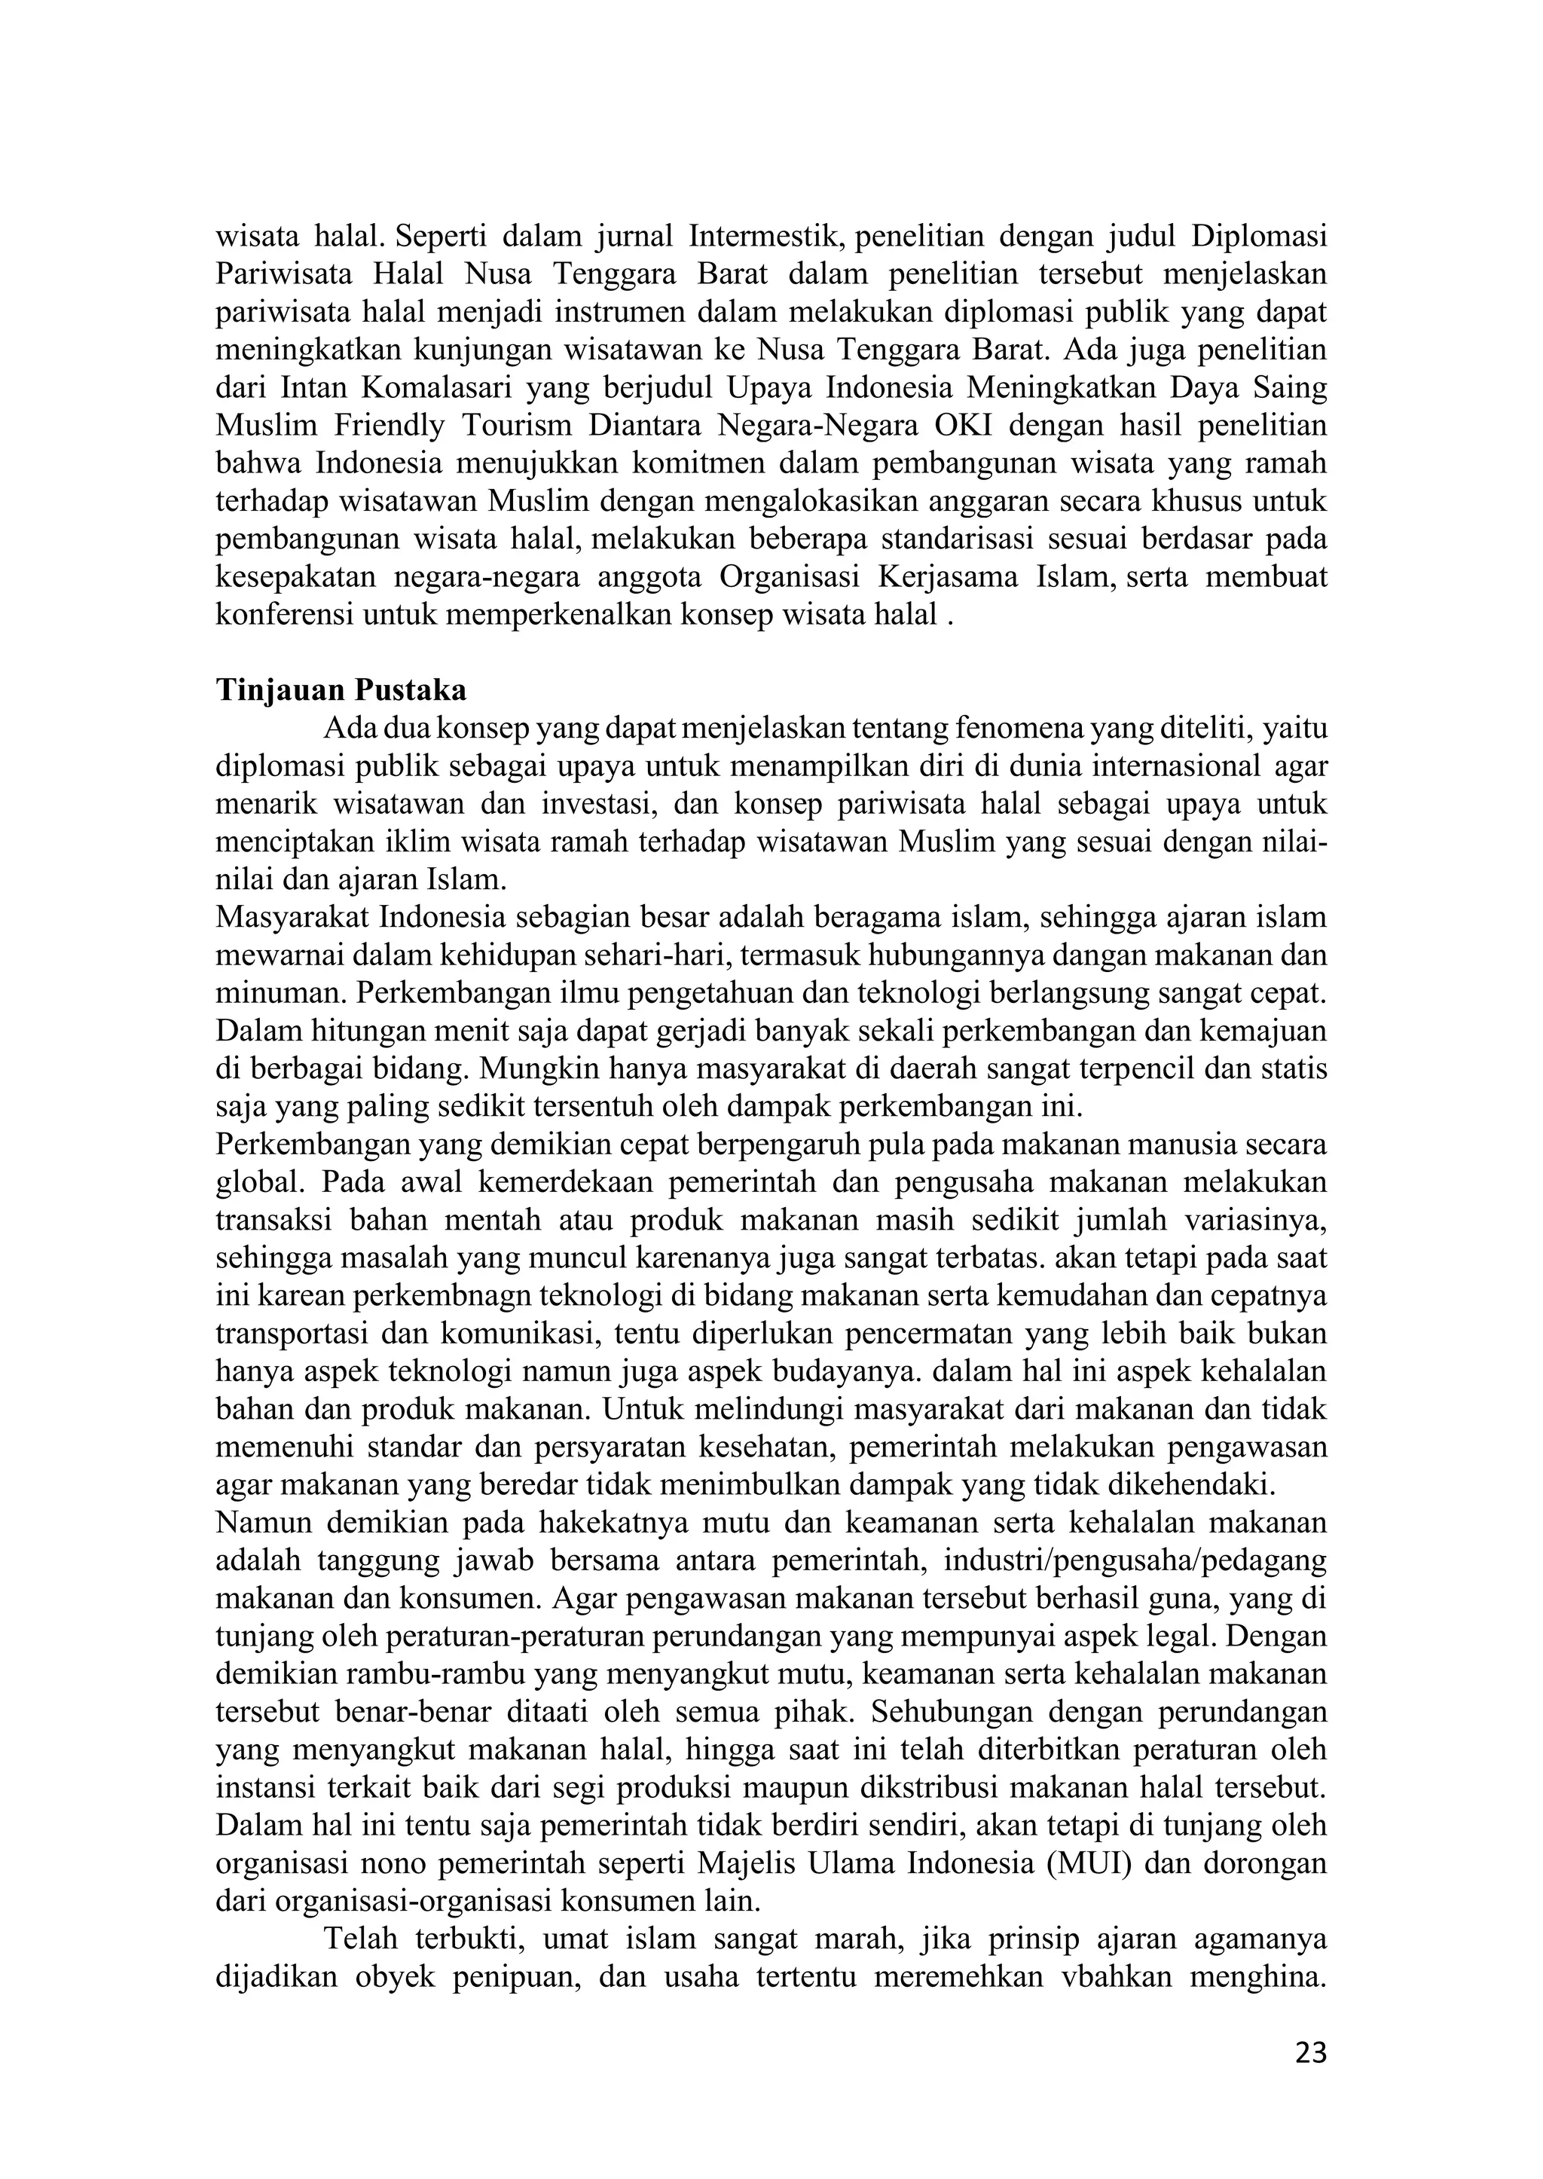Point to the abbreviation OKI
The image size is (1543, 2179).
962,426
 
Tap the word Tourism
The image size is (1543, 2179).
517,426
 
